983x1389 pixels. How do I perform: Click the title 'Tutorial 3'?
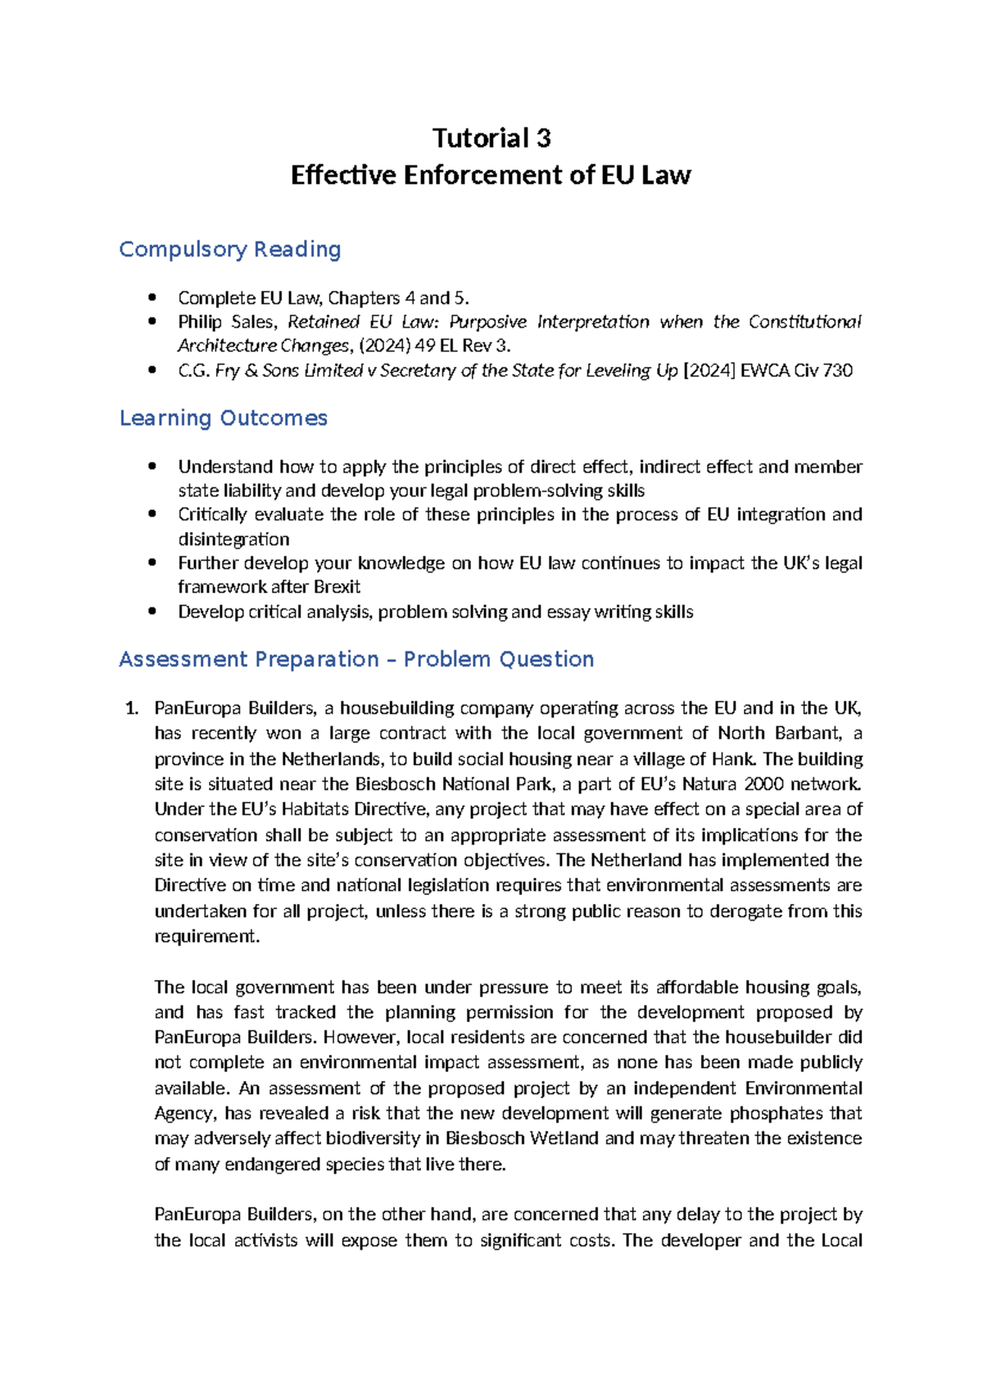(491, 138)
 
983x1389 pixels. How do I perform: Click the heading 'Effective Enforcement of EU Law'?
(491, 175)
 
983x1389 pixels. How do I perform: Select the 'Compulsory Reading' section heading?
(229, 249)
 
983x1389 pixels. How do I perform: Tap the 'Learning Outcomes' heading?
(223, 418)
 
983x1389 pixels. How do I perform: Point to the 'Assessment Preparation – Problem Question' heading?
(356, 659)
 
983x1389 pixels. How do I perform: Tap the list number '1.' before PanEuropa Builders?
(131, 708)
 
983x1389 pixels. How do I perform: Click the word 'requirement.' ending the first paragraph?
(206, 936)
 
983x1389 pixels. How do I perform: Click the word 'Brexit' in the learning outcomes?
(337, 587)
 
